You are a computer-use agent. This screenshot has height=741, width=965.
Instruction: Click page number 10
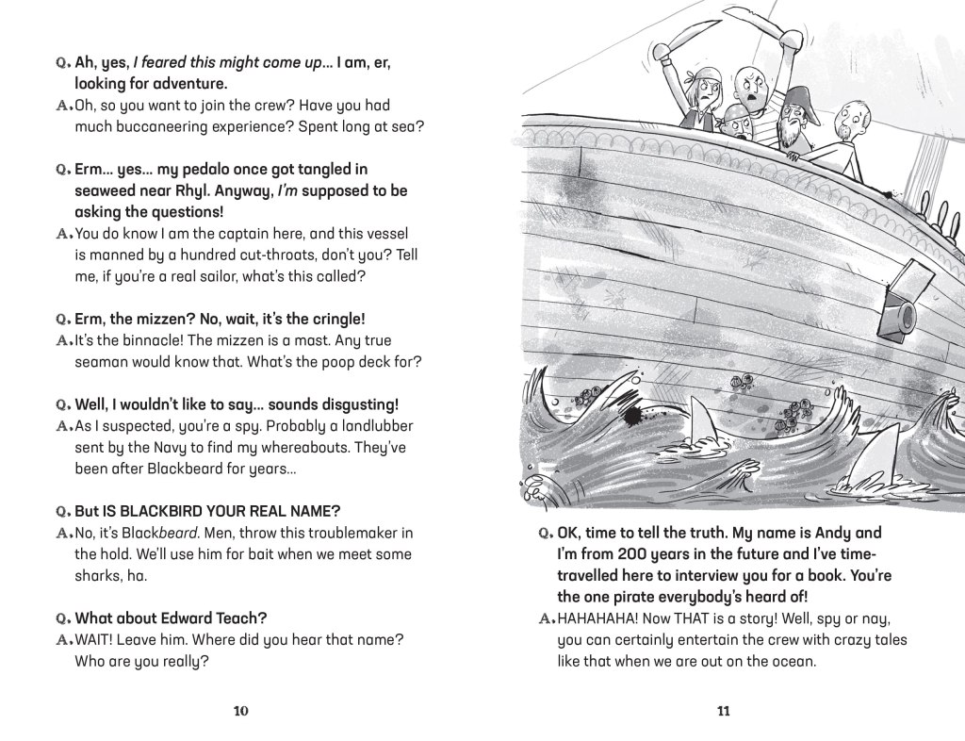point(240,711)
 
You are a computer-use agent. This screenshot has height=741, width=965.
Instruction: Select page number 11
point(723,711)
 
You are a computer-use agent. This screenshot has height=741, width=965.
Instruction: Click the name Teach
point(241,618)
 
